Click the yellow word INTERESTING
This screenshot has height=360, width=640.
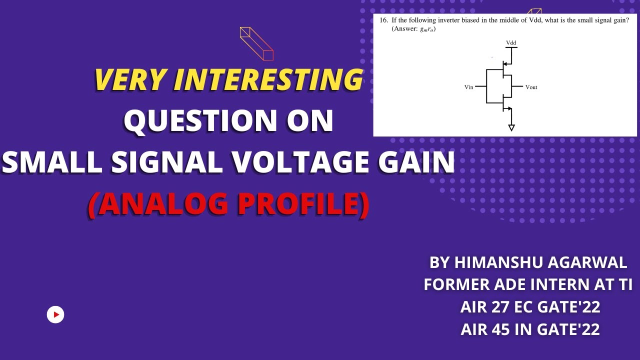tap(267, 79)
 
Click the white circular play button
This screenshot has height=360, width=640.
tap(55, 314)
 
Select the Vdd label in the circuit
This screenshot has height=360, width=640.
tap(511, 43)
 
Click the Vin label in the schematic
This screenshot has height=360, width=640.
tap(468, 87)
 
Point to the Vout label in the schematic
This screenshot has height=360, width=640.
tap(531, 87)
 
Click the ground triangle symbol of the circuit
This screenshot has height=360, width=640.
tap(511, 128)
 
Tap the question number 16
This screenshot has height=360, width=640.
tap(383, 20)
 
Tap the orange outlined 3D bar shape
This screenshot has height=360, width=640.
tap(256, 44)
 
